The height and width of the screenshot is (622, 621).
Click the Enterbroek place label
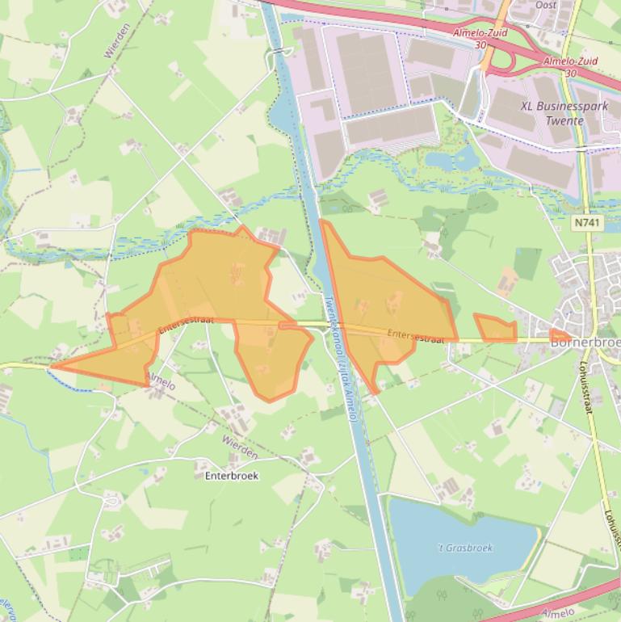point(232,476)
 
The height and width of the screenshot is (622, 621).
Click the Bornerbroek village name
point(585,343)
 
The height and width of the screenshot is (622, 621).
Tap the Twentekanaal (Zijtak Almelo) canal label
point(340,355)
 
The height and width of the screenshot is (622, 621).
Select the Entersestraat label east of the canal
point(415,335)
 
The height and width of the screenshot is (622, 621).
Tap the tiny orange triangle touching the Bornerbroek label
point(558,335)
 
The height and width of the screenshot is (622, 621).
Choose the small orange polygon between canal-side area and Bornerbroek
point(494,328)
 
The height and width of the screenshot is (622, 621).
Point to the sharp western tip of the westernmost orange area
point(53,367)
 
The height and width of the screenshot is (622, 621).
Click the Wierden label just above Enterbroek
point(240,447)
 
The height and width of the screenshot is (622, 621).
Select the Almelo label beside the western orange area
point(161,380)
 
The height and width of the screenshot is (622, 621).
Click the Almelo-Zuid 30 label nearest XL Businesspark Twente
point(571,66)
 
